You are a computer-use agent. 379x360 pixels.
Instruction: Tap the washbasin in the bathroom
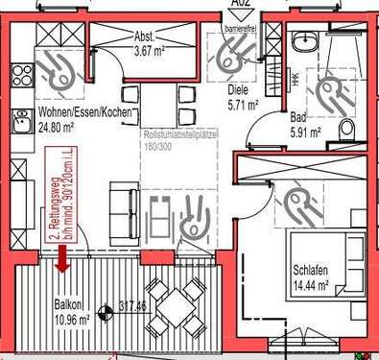tap(305, 42)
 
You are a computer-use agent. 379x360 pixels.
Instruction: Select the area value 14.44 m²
tap(311, 285)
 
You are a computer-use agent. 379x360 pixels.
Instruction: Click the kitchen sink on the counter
tap(21, 121)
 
